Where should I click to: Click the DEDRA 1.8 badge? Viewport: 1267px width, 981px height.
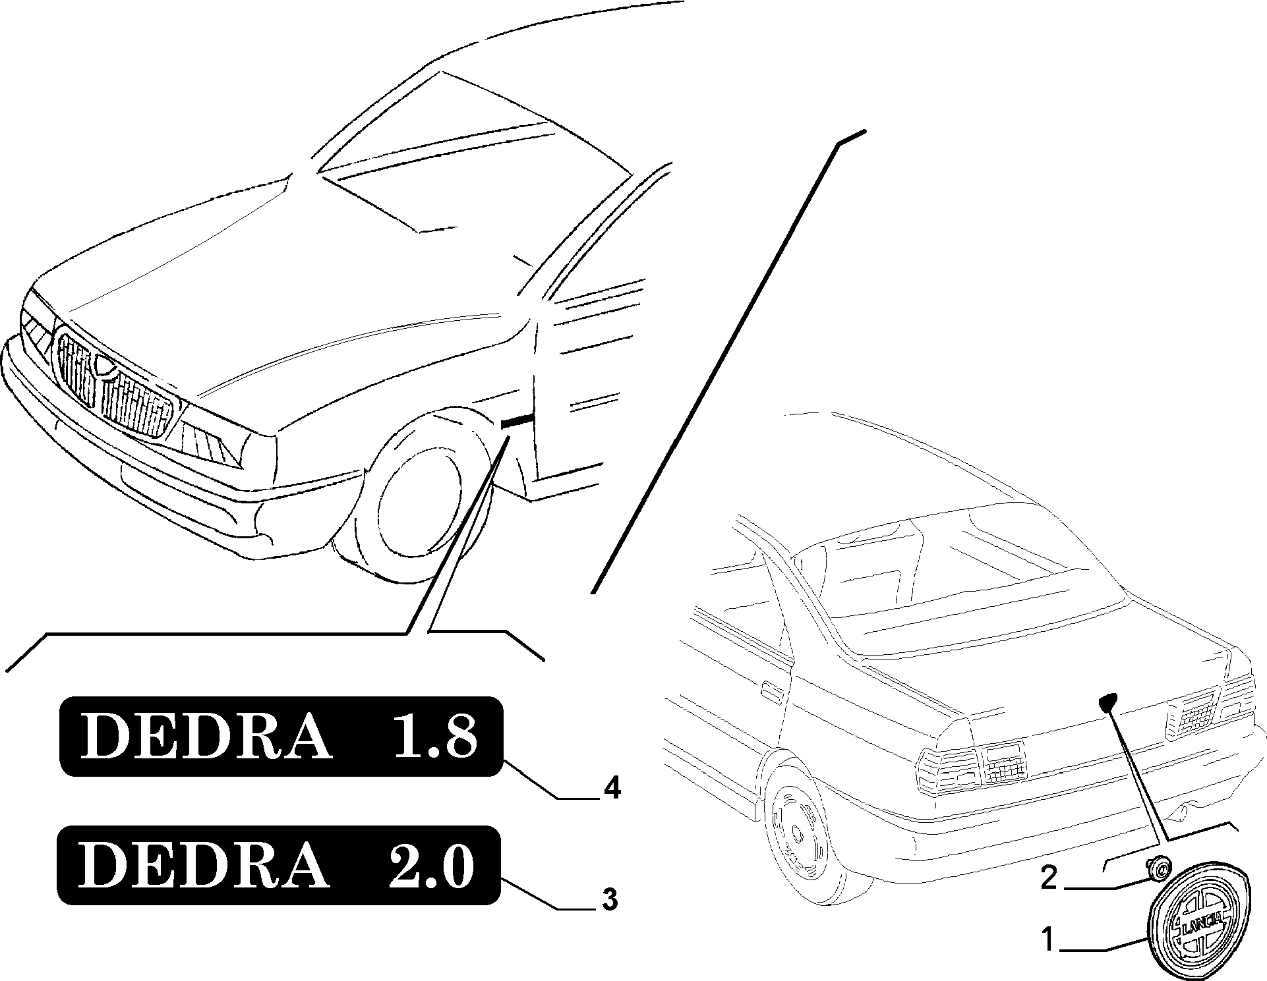click(281, 736)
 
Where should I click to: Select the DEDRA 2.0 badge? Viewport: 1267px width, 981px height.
click(279, 864)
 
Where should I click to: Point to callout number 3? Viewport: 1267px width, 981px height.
click(610, 899)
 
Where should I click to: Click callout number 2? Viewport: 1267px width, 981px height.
click(1049, 878)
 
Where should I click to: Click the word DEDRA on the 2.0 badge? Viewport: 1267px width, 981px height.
click(204, 864)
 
